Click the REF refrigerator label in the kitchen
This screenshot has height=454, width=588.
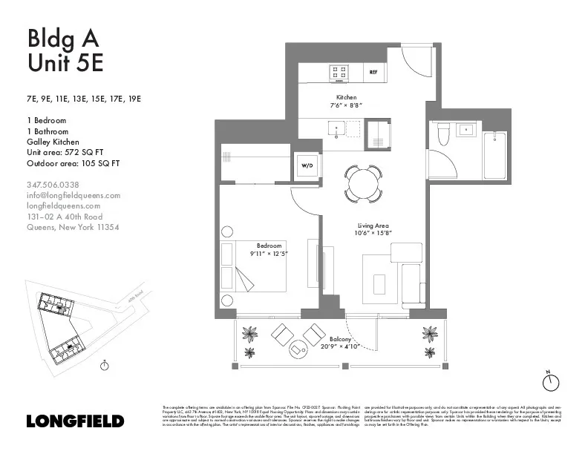pyautogui.click(x=374, y=73)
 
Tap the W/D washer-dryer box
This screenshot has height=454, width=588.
pyautogui.click(x=306, y=166)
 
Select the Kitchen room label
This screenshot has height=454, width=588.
pyautogui.click(x=346, y=97)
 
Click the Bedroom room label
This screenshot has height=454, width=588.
pyautogui.click(x=269, y=246)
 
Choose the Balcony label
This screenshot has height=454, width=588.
pyautogui.click(x=341, y=338)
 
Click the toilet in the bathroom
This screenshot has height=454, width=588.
pyautogui.click(x=444, y=134)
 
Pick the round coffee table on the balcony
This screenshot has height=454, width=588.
pyautogui.click(x=298, y=348)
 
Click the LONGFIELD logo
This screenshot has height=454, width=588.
pyautogui.click(x=74, y=421)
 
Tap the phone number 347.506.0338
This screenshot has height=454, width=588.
pyautogui.click(x=53, y=185)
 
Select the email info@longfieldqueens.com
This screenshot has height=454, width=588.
pyautogui.click(x=73, y=195)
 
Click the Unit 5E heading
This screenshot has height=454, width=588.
pyautogui.click(x=65, y=63)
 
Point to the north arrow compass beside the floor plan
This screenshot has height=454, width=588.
pyautogui.click(x=550, y=381)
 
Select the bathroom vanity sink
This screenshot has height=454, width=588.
pyautogui.click(x=469, y=131)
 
